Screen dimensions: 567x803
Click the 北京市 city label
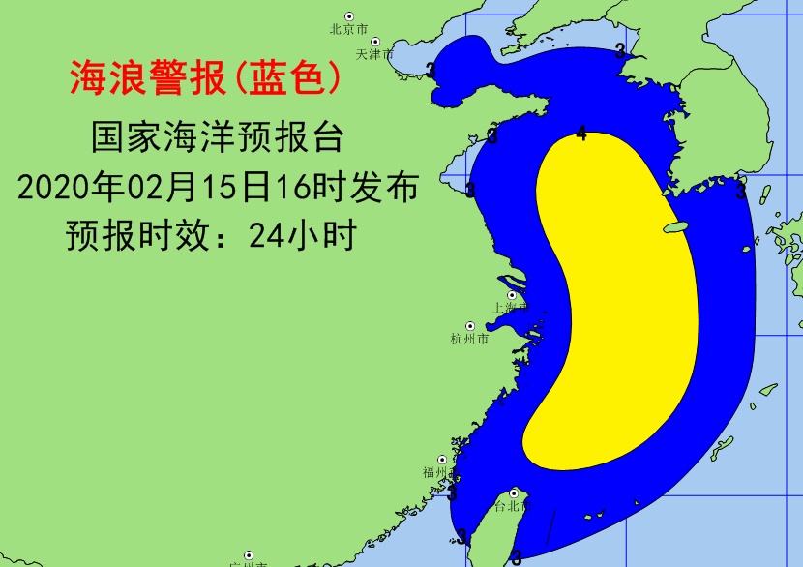[344, 29]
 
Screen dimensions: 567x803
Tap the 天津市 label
[372, 55]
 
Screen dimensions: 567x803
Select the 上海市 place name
[508, 307]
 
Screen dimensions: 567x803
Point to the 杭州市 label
[469, 339]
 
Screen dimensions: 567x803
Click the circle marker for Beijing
[349, 16]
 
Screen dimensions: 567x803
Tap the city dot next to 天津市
[375, 43]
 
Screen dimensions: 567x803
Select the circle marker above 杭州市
[470, 326]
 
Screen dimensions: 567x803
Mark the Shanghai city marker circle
[512, 294]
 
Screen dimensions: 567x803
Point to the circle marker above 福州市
[443, 460]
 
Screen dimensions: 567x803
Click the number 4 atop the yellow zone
[580, 134]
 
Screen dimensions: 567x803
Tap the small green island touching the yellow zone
[675, 227]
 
